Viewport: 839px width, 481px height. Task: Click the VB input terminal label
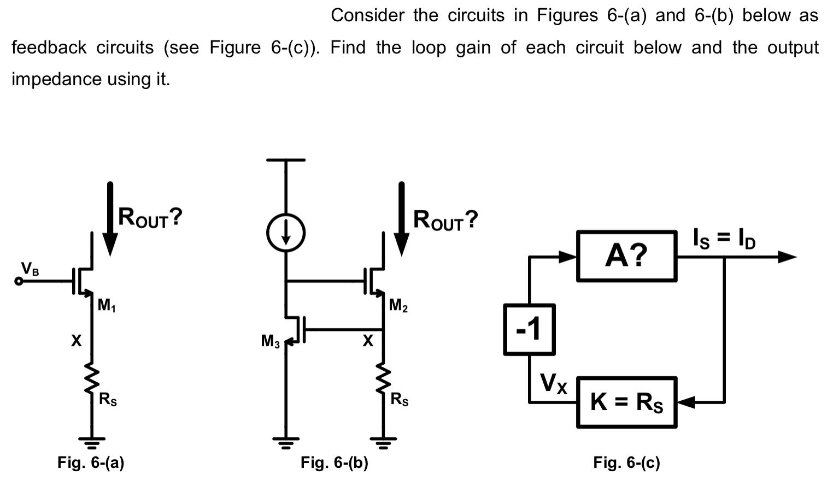tap(30, 269)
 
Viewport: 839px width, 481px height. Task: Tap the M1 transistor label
tap(107, 306)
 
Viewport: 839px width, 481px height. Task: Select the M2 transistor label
tap(398, 306)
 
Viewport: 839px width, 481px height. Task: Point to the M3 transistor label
tap(270, 342)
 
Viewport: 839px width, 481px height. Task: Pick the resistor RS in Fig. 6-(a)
tap(91, 379)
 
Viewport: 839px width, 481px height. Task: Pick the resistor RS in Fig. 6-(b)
tap(383, 379)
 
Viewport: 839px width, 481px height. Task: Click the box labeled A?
tap(626, 256)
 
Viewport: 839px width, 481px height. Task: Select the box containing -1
tap(529, 330)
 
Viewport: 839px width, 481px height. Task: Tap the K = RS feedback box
tap(626, 402)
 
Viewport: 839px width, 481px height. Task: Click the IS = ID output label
tap(724, 239)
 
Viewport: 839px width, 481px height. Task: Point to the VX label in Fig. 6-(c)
tap(554, 383)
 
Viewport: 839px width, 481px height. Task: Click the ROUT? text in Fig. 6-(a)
tap(150, 218)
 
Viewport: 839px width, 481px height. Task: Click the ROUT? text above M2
tap(445, 220)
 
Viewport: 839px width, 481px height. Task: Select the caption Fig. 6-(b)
tap(334, 463)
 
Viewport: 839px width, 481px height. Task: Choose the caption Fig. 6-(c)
tap(626, 463)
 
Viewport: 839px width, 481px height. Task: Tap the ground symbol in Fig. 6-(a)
tap(91, 441)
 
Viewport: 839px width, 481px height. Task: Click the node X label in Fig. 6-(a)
tap(76, 341)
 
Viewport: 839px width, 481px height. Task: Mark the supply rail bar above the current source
tap(285, 160)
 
